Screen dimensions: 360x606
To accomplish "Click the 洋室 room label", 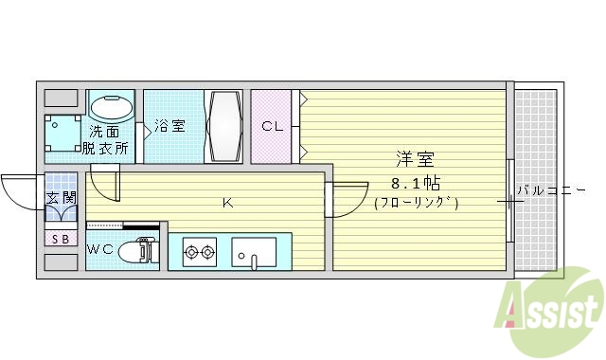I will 416,160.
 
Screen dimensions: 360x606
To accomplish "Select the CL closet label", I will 272,126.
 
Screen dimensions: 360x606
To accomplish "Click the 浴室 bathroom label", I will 170,124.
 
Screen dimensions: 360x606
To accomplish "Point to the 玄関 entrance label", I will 60,198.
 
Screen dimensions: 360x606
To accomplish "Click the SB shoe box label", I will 60,239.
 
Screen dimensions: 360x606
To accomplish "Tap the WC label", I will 100,249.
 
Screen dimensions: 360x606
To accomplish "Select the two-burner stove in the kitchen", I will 200,253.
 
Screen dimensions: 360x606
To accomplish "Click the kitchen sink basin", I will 254,253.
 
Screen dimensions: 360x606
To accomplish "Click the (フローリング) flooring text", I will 417,202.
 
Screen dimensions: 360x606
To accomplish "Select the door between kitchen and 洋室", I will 347,198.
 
